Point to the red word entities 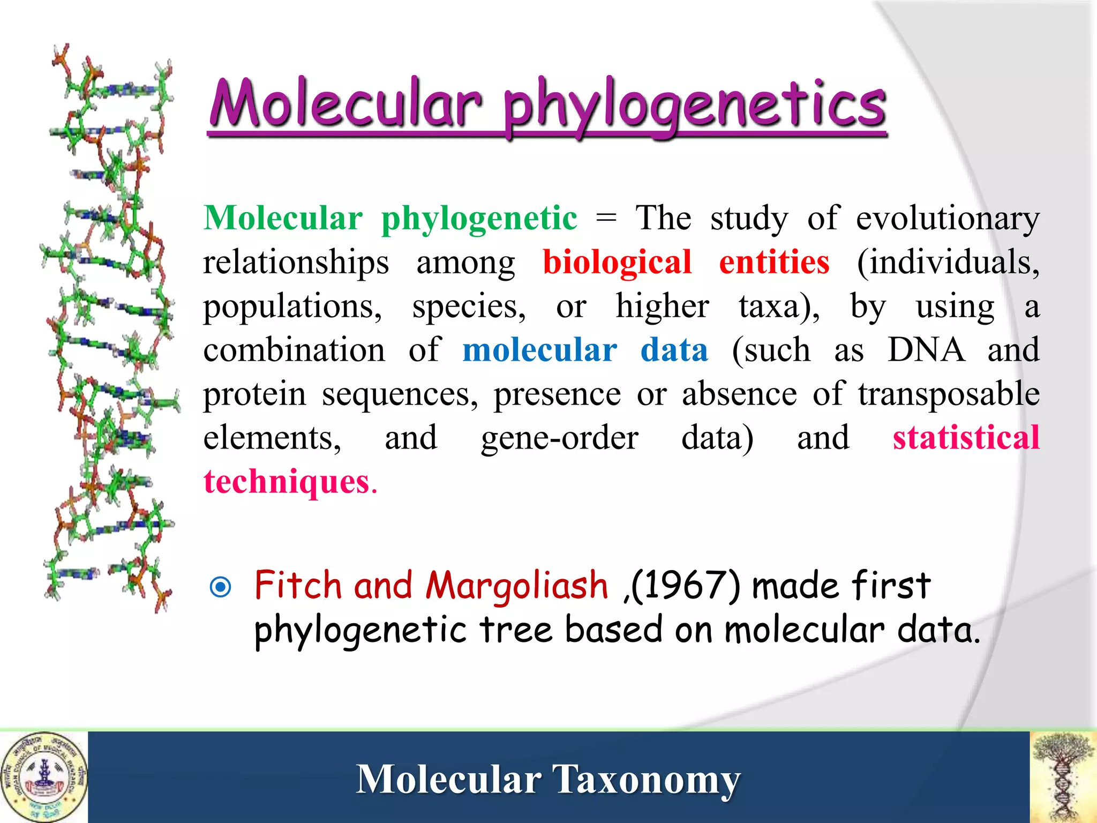pyautogui.click(x=774, y=263)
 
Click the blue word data pyautogui.click(x=674, y=350)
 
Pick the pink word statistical pyautogui.click(x=966, y=437)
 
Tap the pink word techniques pyautogui.click(x=287, y=482)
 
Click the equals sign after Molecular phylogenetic pyautogui.click(x=606, y=219)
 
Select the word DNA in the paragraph pyautogui.click(x=926, y=350)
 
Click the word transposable pyautogui.click(x=949, y=394)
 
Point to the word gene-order pyautogui.click(x=559, y=438)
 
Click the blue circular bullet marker pyautogui.click(x=221, y=587)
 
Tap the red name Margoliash pyautogui.click(x=516, y=585)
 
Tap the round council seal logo pyautogui.click(x=44, y=777)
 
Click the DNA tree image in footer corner pyautogui.click(x=1063, y=777)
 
